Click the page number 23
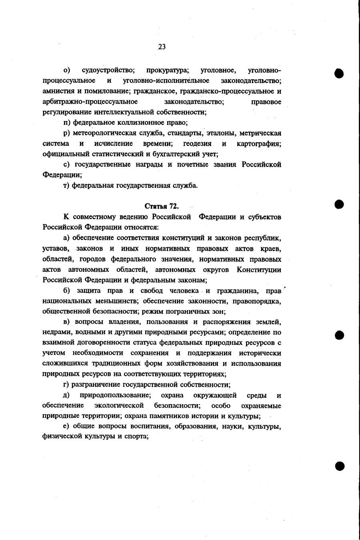[x=162, y=47]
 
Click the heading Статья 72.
[x=161, y=206]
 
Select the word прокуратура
[x=167, y=71]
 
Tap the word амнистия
[x=57, y=92]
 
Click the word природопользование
[x=115, y=395]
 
